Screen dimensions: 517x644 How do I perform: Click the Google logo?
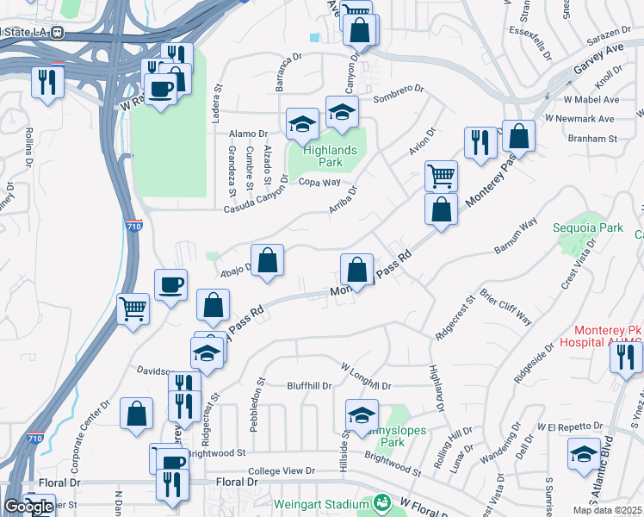[x=28, y=507]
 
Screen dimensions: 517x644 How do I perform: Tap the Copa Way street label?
[x=319, y=182]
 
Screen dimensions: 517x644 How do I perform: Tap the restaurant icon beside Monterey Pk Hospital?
[x=626, y=355]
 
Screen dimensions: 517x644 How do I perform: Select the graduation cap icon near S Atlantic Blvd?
[x=585, y=455]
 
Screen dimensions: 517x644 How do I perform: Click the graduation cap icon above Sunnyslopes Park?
[x=362, y=414]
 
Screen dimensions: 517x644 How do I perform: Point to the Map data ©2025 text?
[x=608, y=510]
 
